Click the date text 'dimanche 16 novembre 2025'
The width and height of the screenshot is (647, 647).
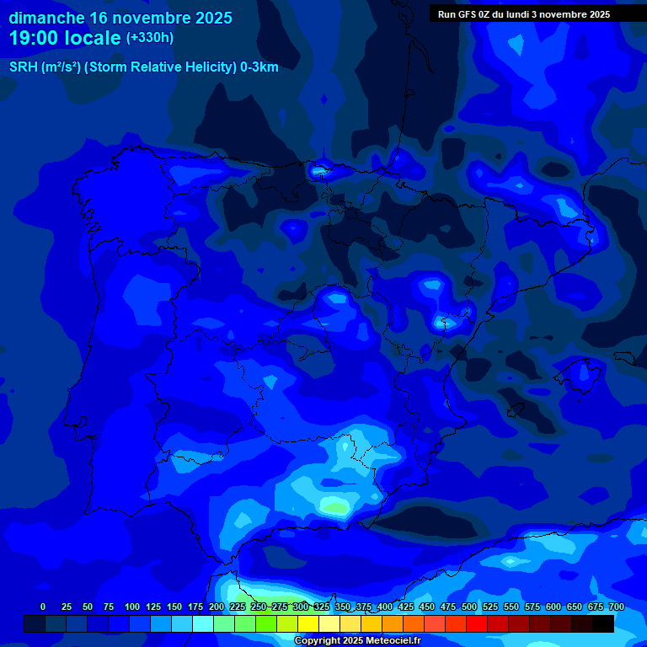120,18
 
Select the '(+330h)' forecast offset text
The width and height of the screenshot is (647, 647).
150,38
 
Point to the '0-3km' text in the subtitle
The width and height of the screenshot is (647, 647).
259,67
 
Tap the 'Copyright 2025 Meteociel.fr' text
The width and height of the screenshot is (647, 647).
357,640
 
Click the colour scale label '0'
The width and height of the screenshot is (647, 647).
43,607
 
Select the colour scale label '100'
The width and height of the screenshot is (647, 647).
131,607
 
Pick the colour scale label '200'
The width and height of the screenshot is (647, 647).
216,607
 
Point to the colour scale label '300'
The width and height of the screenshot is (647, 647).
300,607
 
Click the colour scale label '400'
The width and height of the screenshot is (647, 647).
384,607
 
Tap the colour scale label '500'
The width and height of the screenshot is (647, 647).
468,607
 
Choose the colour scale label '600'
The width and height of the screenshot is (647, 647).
553,607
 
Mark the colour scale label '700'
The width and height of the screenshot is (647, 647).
616,607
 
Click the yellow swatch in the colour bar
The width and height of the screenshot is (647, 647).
308,623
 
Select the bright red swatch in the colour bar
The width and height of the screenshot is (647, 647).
477,623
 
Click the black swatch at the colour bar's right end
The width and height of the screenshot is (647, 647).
603,623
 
